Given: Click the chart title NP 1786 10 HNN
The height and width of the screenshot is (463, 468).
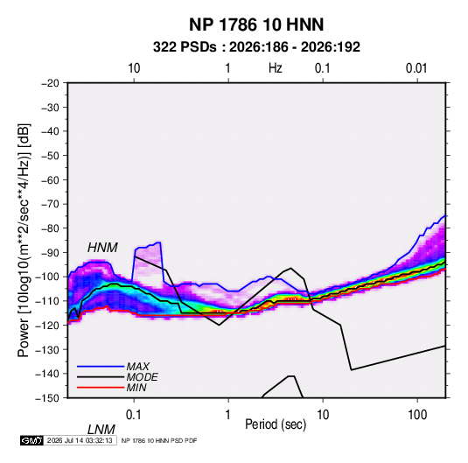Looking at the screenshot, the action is (256, 25).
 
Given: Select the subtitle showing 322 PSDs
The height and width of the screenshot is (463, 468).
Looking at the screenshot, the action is (256, 47).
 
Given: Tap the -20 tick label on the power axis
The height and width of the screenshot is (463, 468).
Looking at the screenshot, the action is (50, 83).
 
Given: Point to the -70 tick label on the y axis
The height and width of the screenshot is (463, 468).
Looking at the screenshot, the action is (50, 204).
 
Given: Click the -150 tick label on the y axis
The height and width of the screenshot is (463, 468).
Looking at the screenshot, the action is (48, 398).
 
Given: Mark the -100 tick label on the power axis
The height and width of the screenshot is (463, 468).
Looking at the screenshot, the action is (48, 277).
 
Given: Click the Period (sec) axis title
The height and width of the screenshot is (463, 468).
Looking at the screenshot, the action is (276, 424).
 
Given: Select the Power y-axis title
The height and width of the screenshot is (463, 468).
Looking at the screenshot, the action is (24, 241).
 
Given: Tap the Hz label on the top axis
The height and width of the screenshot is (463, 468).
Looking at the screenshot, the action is (276, 68).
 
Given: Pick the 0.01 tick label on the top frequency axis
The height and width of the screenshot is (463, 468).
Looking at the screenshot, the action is (416, 68).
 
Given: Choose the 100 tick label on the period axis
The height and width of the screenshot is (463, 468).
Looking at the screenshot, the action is (417, 415).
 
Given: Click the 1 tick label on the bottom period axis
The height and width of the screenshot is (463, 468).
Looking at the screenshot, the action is (228, 415).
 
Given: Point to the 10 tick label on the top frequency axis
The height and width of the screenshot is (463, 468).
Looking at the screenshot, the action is (134, 68).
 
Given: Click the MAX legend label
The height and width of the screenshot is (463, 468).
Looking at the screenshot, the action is (138, 366).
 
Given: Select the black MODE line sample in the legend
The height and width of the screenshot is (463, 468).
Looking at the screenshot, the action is (101, 377).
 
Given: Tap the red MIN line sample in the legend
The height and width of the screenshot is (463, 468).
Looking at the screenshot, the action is (101, 388).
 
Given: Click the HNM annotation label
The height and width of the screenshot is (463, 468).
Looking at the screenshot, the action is (102, 248).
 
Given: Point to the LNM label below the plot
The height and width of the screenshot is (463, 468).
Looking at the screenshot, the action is (101, 430).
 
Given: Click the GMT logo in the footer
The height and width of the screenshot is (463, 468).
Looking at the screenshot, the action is (32, 440).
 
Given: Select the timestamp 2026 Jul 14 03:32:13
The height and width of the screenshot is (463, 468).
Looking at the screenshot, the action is (80, 440).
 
